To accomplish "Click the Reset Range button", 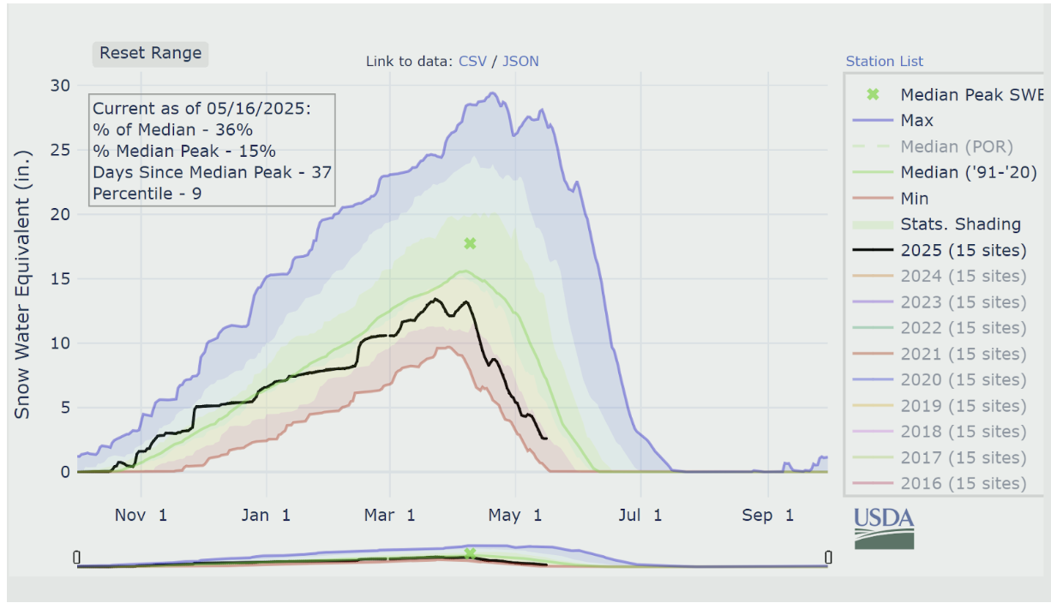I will click(151, 53).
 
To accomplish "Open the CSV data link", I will click(472, 61).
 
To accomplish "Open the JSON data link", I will click(520, 61).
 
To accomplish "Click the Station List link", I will click(885, 61).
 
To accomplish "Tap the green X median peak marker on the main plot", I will click(470, 243).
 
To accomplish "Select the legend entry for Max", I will click(916, 121).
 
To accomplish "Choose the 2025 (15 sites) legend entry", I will click(963, 250).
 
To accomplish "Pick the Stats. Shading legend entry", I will click(960, 224).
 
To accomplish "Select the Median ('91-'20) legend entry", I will click(968, 172).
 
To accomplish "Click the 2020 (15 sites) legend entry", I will click(963, 379).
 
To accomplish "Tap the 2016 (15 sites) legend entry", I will click(963, 483).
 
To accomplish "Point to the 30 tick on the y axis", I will click(59, 85).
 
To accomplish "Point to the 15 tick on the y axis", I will click(59, 278).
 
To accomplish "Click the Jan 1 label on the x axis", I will click(266, 515).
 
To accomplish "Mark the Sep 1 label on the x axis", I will click(767, 515).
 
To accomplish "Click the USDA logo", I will click(884, 528).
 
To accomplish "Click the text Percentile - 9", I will click(148, 194).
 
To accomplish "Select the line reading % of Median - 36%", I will click(172, 129).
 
